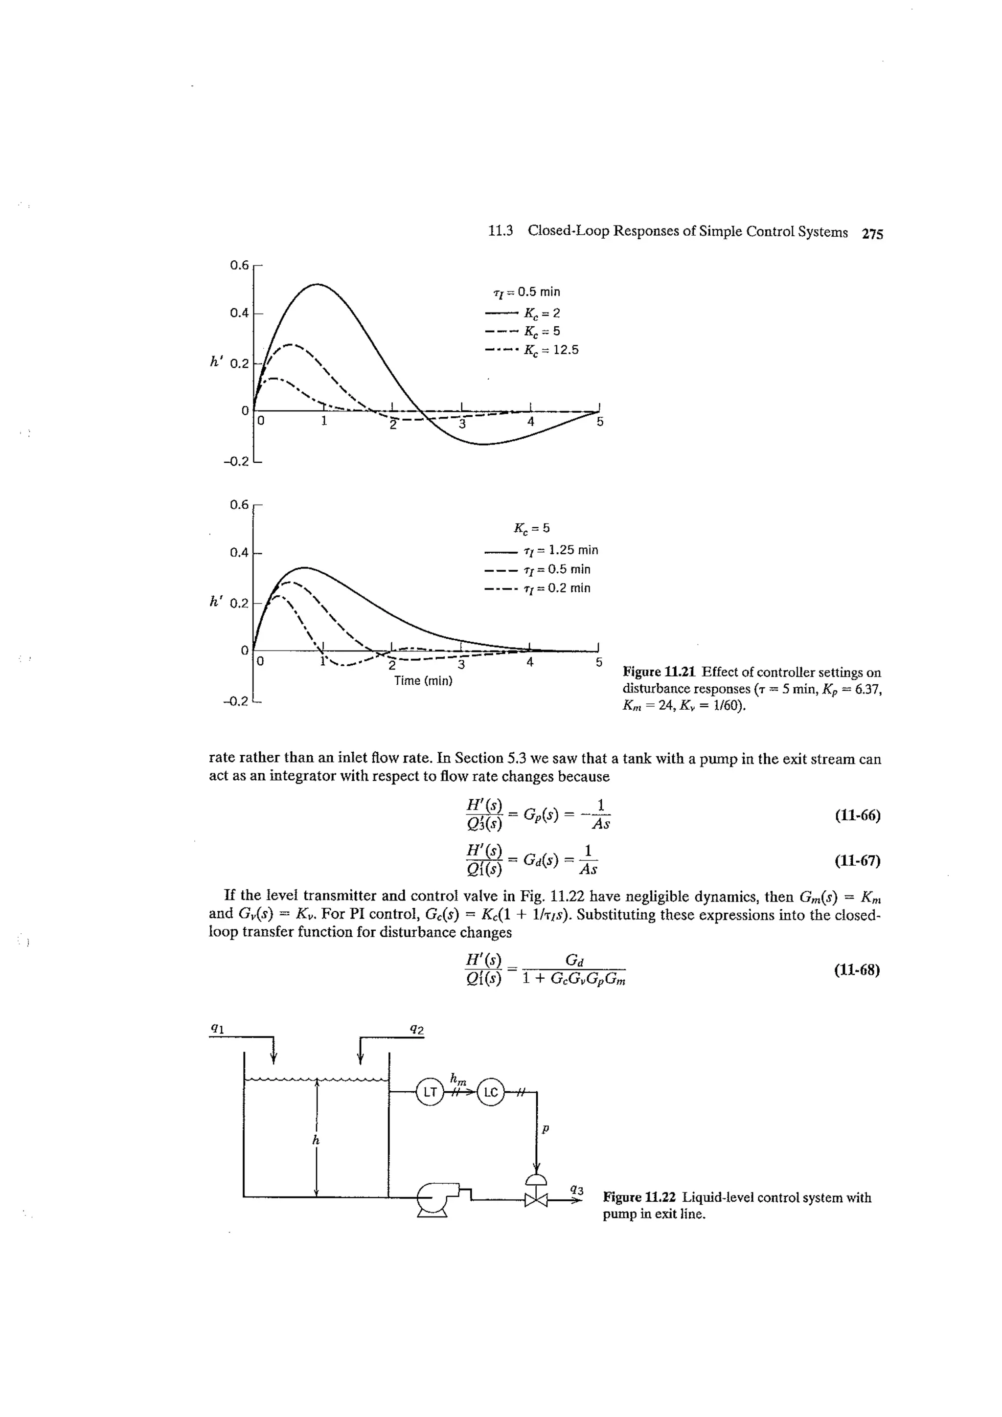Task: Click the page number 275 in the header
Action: pyautogui.click(x=872, y=234)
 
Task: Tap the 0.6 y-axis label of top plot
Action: pyautogui.click(x=239, y=265)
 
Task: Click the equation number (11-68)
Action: pyautogui.click(x=857, y=969)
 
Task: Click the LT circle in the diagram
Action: pyautogui.click(x=429, y=1092)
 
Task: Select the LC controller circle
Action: pyautogui.click(x=490, y=1092)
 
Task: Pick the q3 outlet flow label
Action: pyautogui.click(x=577, y=1188)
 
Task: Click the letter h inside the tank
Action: pyautogui.click(x=316, y=1141)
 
